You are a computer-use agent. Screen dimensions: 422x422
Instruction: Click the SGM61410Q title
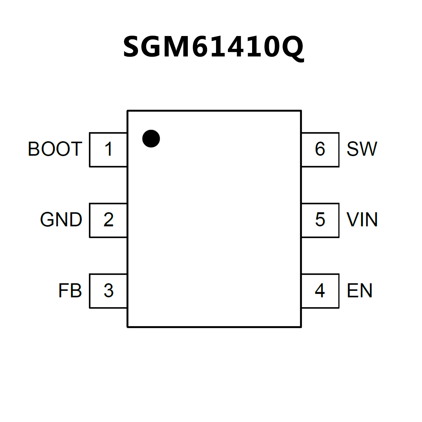point(213,47)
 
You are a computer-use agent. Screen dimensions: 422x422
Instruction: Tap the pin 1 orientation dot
point(151,139)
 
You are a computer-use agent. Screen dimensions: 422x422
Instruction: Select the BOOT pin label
point(55,149)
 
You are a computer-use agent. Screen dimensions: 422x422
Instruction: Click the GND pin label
point(61,220)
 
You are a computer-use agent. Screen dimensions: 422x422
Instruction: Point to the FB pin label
point(70,291)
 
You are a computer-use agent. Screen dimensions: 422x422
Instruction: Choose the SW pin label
point(362,149)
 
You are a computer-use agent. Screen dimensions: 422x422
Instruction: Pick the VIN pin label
point(362,220)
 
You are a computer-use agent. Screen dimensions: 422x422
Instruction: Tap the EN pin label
point(359,291)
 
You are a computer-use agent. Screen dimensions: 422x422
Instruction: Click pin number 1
point(109,149)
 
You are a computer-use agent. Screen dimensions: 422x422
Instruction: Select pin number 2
point(109,220)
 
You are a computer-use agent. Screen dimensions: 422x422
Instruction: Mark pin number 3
point(109,291)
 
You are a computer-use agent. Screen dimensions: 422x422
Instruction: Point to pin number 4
point(320,291)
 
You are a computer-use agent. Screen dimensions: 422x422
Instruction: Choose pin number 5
point(320,220)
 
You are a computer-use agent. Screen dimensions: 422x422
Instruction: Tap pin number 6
point(320,149)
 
